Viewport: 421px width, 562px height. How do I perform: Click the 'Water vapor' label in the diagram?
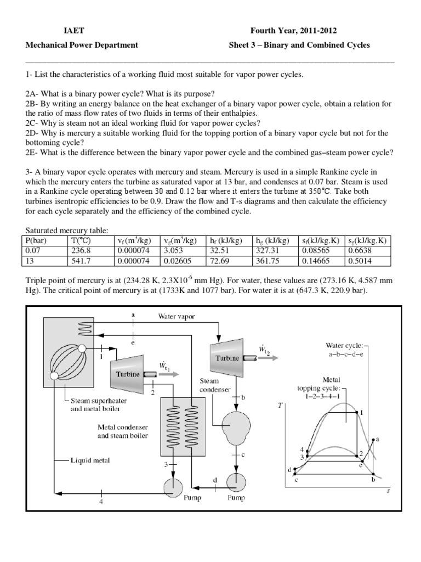point(177,316)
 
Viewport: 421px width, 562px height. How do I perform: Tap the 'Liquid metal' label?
point(90,460)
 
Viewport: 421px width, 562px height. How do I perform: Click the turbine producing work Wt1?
point(128,372)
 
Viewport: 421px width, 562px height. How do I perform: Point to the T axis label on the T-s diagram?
point(281,406)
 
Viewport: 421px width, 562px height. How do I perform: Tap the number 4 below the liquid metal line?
point(101,502)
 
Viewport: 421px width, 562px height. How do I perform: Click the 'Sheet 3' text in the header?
point(241,45)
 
